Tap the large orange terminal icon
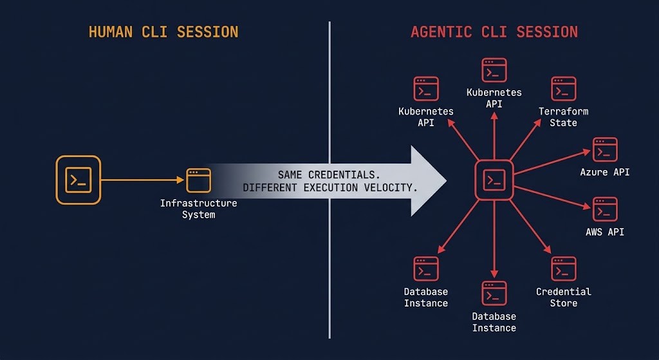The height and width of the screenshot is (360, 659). (79, 180)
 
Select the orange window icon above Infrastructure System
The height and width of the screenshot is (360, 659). (198, 180)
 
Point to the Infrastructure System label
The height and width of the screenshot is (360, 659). (198, 209)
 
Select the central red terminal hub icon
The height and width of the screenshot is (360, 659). (494, 180)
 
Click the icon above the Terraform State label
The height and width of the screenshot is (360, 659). (563, 89)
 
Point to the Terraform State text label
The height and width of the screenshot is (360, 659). (563, 117)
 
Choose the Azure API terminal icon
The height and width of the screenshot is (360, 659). (605, 149)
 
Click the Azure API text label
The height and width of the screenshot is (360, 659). (605, 172)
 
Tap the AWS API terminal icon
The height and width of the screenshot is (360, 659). (605, 209)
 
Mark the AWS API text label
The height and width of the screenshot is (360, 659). (605, 232)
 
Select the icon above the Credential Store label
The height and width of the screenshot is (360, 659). (563, 269)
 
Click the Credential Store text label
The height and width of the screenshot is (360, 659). (563, 297)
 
